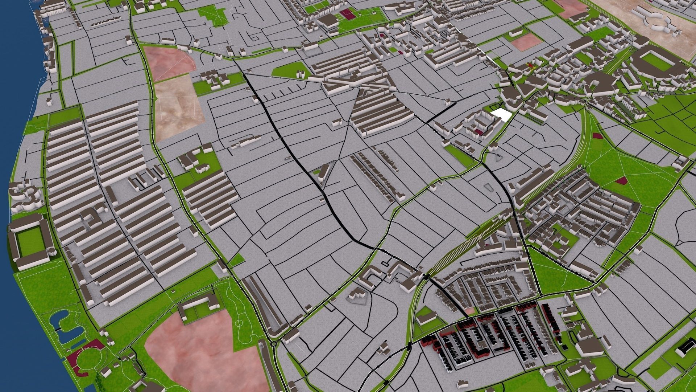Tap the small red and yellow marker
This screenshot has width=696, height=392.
click(530, 66)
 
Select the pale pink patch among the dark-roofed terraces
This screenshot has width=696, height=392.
click(470, 311)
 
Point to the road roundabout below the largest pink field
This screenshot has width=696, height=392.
click(273, 343)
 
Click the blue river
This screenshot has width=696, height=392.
click(14, 109)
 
